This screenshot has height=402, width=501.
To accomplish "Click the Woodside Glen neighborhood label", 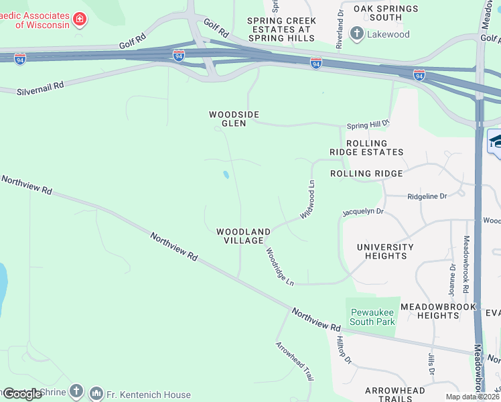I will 234,119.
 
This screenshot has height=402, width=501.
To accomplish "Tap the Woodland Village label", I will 243,236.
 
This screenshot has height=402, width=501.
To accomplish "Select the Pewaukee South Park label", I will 371,316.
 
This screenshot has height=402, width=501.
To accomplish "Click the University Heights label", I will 385,251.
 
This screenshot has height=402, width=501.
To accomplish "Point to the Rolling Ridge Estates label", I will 366,147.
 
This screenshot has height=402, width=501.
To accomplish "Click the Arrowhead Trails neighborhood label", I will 395,394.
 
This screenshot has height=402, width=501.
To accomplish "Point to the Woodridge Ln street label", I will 279,267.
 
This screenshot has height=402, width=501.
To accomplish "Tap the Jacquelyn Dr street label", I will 362,212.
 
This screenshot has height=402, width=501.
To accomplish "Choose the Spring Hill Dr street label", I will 368,125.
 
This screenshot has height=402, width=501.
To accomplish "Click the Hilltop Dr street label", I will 344,350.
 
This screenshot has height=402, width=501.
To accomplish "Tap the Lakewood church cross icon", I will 357,33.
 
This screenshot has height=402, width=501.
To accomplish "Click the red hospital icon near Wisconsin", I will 80,19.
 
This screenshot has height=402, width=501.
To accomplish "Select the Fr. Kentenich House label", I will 147,395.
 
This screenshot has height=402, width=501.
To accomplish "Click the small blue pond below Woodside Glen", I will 226,175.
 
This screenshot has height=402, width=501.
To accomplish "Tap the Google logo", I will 22,394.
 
